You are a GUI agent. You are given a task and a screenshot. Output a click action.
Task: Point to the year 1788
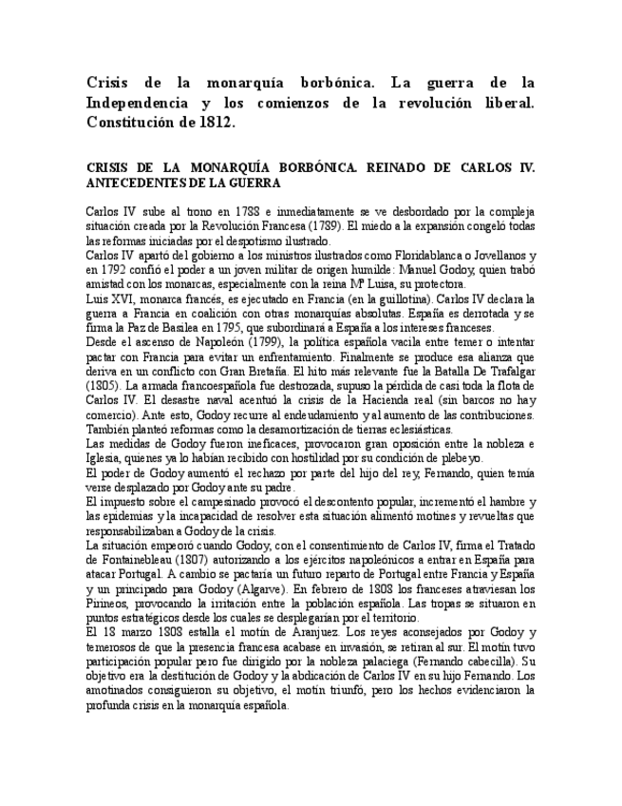coord(248,209)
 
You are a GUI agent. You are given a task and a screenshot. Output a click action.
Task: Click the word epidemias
coord(116,515)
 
